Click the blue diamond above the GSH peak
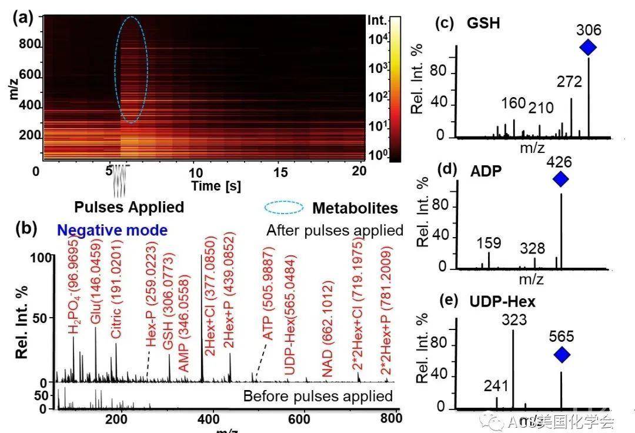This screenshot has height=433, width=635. [588, 47]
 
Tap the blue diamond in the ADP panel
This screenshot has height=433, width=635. [561, 179]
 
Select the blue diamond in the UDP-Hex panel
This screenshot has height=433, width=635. [562, 355]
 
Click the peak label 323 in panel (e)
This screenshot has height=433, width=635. [513, 319]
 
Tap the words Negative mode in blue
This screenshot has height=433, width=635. [112, 230]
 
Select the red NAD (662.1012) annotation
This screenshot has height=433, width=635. [327, 329]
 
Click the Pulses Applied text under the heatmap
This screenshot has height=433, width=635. [129, 207]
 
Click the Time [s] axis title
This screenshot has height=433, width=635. [216, 185]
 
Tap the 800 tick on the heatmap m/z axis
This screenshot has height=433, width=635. [26, 44]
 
